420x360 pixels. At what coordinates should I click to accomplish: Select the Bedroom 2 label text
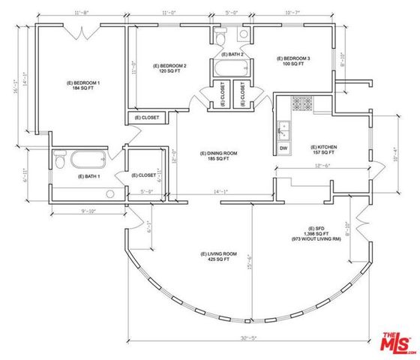point(169,68)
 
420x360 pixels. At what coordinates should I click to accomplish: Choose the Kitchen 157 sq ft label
point(323,149)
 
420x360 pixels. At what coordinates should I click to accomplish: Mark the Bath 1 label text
point(89,177)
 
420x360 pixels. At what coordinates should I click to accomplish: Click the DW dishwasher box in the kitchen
point(283,148)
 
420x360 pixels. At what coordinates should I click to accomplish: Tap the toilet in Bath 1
point(60,160)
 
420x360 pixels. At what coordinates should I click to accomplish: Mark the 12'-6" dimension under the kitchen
point(322,166)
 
